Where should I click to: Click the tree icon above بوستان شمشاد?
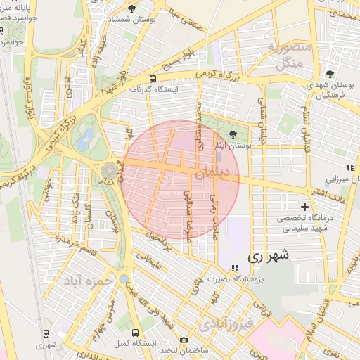click(131, 8)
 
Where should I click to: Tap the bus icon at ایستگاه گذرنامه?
click(153, 79)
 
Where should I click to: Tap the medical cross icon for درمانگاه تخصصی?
click(304, 207)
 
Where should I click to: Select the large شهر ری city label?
click(269, 257)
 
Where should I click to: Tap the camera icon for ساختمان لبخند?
click(184, 340)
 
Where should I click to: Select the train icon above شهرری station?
click(46, 333)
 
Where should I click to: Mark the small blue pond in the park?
click(85, 140)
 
